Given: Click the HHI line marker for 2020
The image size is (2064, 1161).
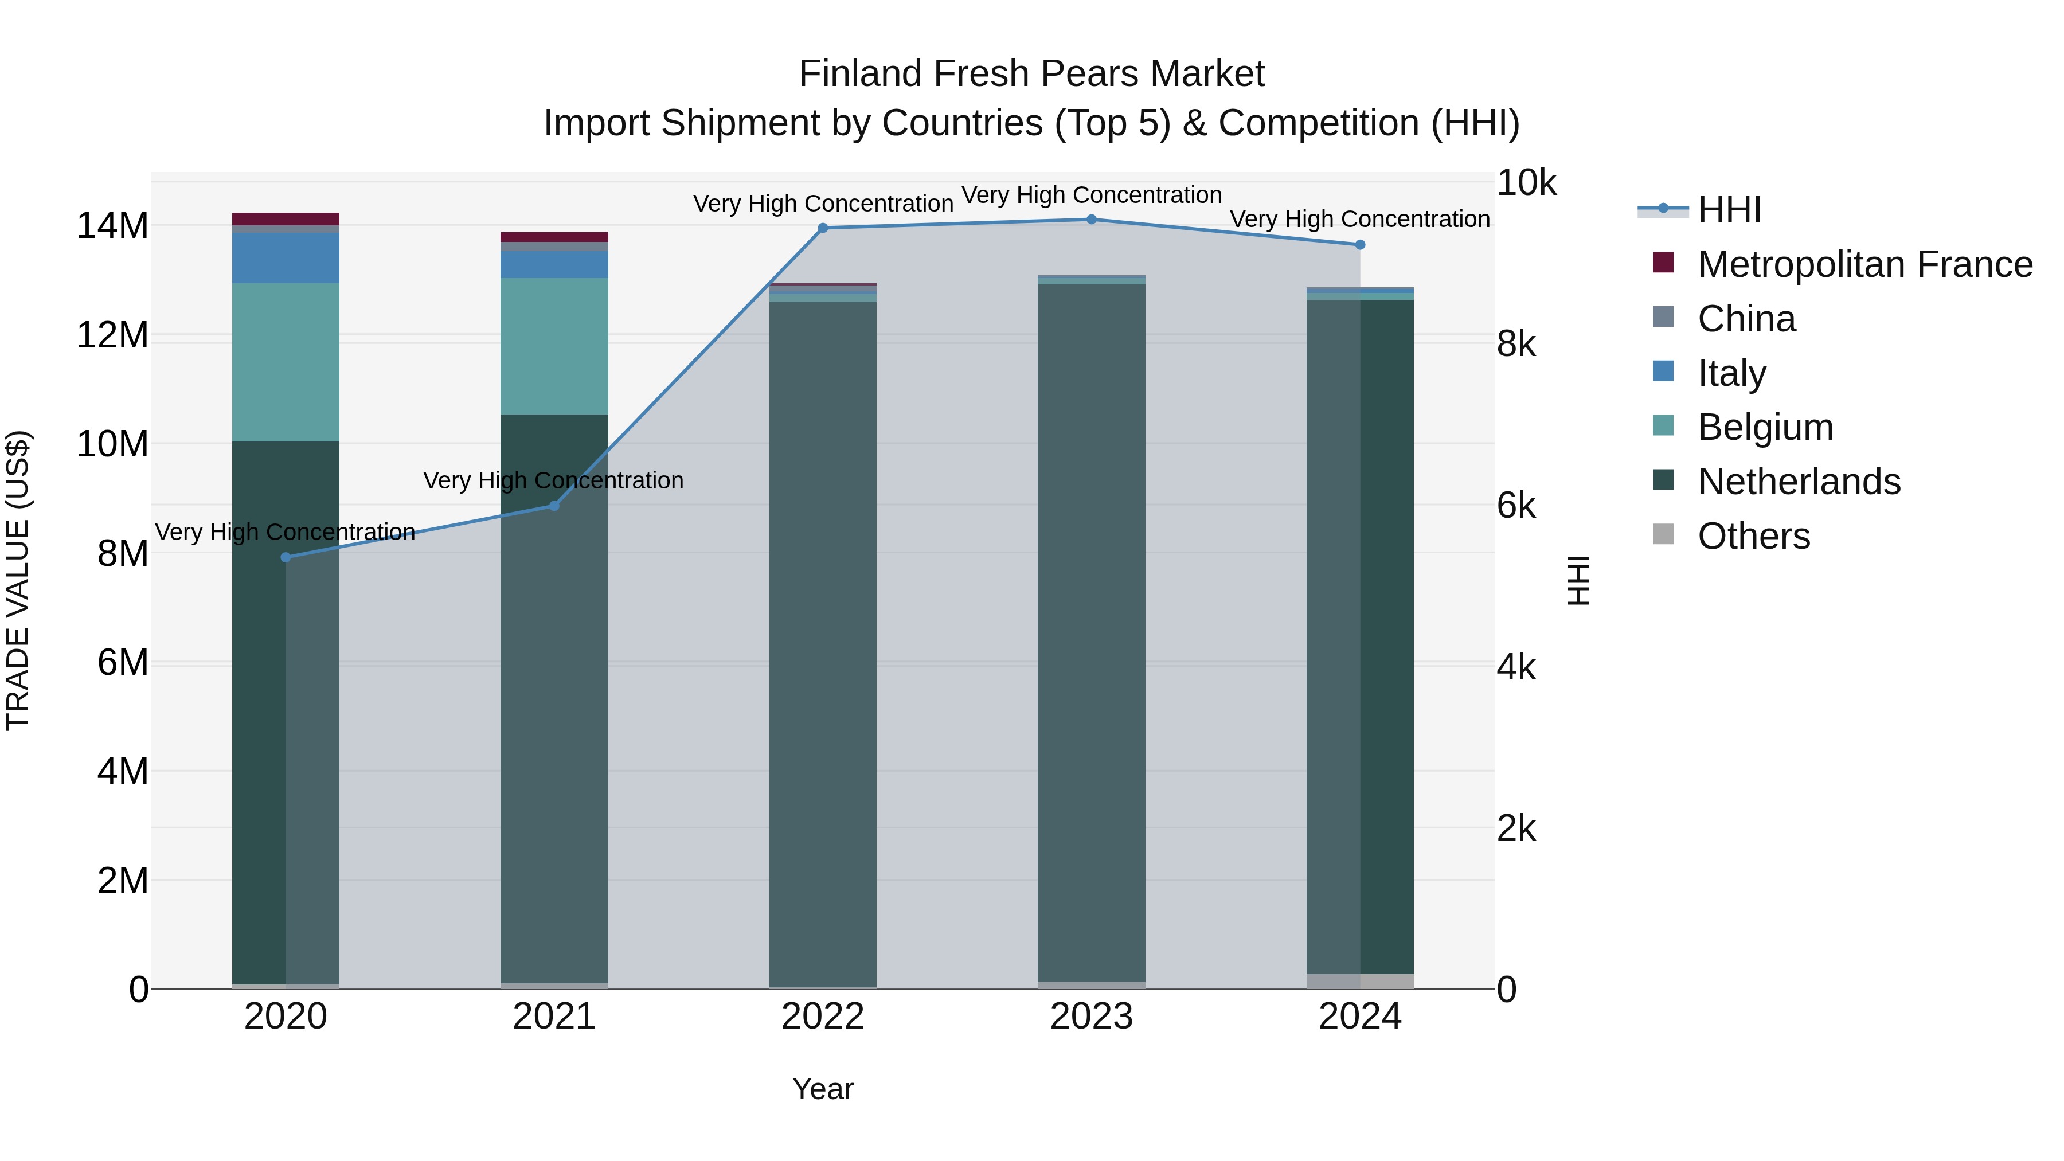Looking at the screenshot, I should (x=286, y=557).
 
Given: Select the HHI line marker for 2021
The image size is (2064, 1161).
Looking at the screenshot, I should (x=554, y=506).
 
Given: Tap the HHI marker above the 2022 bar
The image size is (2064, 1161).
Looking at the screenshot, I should (x=823, y=228).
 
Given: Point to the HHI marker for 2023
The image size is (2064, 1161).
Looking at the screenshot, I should (x=1091, y=220).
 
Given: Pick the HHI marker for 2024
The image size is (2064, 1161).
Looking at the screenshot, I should (x=1360, y=244).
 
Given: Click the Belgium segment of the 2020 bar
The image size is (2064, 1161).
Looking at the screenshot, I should (x=286, y=362).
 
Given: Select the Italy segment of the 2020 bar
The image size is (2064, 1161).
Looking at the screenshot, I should (x=286, y=258).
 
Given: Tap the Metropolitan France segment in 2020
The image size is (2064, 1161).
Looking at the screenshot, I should (x=286, y=219).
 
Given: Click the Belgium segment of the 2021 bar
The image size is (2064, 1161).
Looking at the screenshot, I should (x=554, y=346).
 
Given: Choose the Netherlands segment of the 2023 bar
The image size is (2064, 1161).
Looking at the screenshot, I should (x=1091, y=633).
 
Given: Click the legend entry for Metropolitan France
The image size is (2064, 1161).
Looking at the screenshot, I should (x=1864, y=264).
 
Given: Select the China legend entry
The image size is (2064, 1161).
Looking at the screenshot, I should (x=1747, y=319).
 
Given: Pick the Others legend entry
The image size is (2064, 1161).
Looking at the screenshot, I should (x=1753, y=536).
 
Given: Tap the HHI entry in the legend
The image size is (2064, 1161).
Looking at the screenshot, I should (x=1729, y=210).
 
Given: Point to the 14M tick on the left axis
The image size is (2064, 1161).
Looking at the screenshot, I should (x=112, y=226).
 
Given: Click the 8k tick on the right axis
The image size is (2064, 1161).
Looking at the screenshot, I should (x=1516, y=344).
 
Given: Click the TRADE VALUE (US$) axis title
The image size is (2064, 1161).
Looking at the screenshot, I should (x=18, y=580).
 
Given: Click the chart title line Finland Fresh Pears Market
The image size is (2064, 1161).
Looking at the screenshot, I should (x=1031, y=74).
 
